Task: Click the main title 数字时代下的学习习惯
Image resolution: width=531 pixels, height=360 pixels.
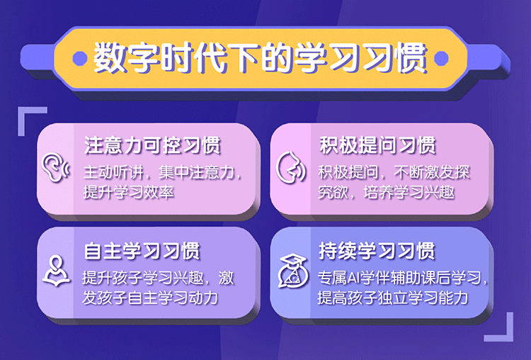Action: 260,57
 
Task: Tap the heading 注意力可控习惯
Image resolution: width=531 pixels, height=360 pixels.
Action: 152,145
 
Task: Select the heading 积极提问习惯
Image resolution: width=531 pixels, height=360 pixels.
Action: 377,145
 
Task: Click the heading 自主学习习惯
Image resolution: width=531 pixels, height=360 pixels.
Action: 142,251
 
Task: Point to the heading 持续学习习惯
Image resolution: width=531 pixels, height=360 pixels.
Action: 377,251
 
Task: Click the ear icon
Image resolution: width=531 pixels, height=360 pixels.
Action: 55,167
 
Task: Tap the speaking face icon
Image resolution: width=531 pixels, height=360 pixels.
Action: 290,167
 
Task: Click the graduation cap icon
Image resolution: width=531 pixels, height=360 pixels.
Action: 293,271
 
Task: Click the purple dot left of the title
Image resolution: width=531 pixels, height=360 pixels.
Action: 80,58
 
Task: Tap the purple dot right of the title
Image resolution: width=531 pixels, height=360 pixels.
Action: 441,58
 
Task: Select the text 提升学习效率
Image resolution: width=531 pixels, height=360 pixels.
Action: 129,193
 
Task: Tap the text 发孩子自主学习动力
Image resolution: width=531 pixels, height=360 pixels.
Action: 150,298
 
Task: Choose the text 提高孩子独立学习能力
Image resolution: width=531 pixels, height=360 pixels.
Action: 393,298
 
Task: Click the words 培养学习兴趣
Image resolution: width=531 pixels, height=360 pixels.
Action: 409,193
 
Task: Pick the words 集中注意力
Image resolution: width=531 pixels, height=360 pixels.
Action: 196,172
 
